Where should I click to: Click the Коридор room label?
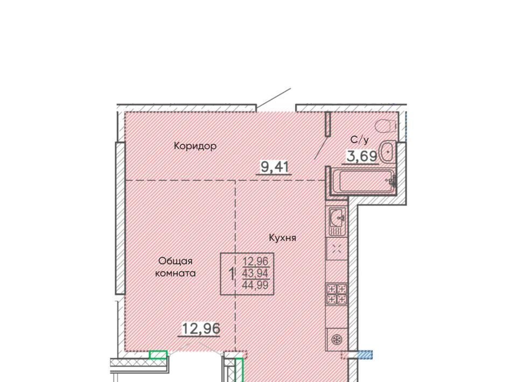pyautogui.click(x=195, y=146)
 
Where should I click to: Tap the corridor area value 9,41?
pyautogui.click(x=275, y=167)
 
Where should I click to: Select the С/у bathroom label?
pyautogui.click(x=360, y=140)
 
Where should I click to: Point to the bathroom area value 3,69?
pyautogui.click(x=362, y=156)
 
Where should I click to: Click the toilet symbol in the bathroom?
pyautogui.click(x=386, y=126)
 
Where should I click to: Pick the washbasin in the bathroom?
pyautogui.click(x=387, y=152)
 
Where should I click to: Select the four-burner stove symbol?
pyautogui.click(x=336, y=294)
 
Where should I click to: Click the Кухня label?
pyautogui.click(x=283, y=238)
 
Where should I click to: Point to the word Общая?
pyautogui.click(x=176, y=261)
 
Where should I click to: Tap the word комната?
pyautogui.click(x=176, y=273)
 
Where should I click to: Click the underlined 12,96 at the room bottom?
pyautogui.click(x=201, y=328)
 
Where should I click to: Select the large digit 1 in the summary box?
pyautogui.click(x=232, y=274)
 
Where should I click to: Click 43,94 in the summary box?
pyautogui.click(x=255, y=273)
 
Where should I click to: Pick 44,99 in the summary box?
pyautogui.click(x=255, y=285)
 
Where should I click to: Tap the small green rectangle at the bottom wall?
pyautogui.click(x=158, y=355)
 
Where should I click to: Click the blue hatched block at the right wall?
pyautogui.click(x=365, y=355)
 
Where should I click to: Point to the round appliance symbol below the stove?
pyautogui.click(x=337, y=339)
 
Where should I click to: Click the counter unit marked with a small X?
pyautogui.click(x=337, y=249)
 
